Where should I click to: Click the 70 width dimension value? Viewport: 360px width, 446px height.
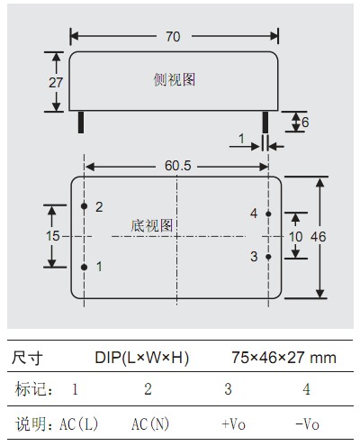[173, 37]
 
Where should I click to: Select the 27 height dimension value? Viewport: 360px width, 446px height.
[56, 83]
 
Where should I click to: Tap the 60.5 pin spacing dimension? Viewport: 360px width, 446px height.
[177, 166]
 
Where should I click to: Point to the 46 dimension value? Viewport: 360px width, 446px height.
[319, 237]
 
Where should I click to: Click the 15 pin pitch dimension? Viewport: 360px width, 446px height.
[52, 236]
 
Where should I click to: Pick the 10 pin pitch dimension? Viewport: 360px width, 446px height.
[295, 237]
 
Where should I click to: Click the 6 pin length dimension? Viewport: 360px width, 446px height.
[305, 123]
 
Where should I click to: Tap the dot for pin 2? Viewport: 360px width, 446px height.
[84, 206]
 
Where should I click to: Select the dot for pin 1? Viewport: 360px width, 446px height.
[84, 267]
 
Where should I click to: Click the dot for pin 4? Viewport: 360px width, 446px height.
[268, 214]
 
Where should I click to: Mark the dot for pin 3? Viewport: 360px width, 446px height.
[268, 257]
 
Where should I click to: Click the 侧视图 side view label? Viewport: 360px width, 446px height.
[175, 79]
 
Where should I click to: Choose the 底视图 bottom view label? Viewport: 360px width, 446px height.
[151, 225]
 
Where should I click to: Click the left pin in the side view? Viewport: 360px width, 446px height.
[81, 123]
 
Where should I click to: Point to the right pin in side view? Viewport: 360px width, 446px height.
[265, 123]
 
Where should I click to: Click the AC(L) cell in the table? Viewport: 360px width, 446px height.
[79, 423]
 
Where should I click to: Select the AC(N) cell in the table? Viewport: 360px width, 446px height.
[150, 423]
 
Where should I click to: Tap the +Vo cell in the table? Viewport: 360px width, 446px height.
[234, 424]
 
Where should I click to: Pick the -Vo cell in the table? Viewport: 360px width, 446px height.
[308, 424]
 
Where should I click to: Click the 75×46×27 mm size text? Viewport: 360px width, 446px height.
[283, 358]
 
